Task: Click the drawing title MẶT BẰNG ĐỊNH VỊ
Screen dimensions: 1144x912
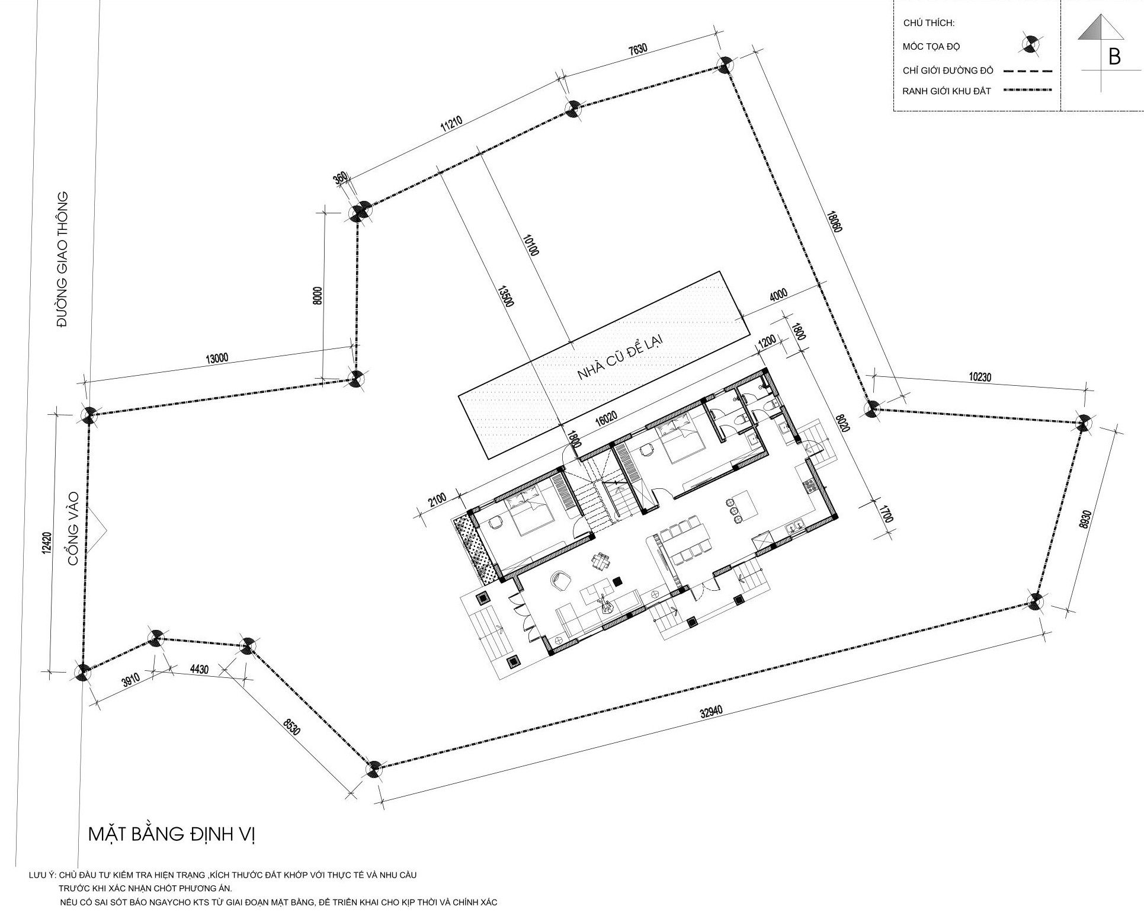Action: coord(171,834)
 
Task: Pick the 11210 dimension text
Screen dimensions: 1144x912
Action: coord(451,126)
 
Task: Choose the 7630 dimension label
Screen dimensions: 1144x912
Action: coord(637,50)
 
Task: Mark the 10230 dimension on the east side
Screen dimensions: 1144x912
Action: coord(980,376)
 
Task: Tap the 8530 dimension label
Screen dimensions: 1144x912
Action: coord(292,727)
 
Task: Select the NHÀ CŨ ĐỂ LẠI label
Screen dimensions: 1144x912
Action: coord(619,358)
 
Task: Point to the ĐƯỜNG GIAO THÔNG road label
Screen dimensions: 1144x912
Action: coord(63,259)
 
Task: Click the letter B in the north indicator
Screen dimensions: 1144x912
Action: coord(1114,57)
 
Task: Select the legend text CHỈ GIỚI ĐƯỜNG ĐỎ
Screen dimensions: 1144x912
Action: coord(948,71)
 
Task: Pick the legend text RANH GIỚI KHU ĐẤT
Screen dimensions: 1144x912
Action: coord(946,91)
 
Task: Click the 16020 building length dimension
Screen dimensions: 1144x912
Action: coord(606,418)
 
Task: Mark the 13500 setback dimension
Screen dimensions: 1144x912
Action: coord(507,297)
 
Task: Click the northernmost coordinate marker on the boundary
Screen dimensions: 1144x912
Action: coord(725,65)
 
